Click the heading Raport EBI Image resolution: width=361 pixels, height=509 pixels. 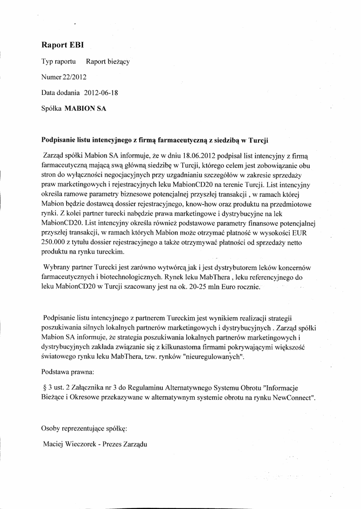click(x=62, y=45)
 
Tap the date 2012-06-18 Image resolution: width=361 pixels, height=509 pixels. click(x=100, y=92)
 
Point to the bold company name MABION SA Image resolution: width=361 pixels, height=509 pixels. click(x=86, y=108)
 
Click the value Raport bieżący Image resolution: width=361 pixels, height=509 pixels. click(x=108, y=62)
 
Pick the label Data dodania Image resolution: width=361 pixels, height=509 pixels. click(x=60, y=92)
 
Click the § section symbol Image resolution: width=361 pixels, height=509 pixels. click(x=45, y=387)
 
